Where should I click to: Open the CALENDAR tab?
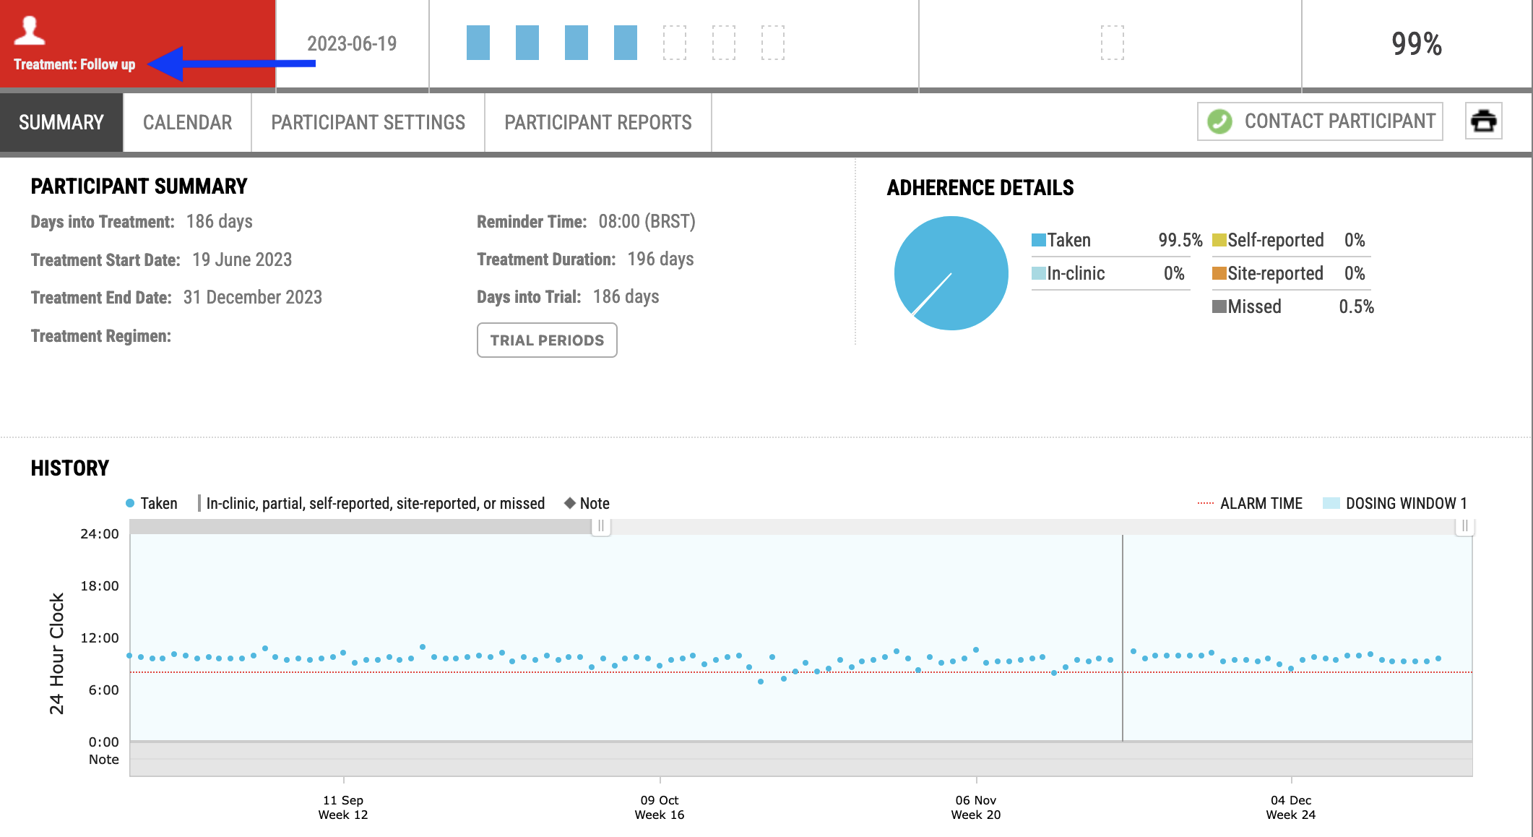(188, 123)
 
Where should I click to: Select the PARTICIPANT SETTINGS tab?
(368, 123)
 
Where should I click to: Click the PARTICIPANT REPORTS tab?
(598, 123)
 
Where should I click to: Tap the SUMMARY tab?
(61, 123)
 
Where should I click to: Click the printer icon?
(1484, 121)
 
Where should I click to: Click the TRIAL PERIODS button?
(547, 340)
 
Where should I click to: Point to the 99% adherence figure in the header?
(1417, 44)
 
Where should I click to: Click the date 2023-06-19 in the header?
(352, 44)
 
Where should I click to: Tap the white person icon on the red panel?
(30, 30)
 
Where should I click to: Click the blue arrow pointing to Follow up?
(231, 64)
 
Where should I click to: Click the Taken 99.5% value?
(1180, 240)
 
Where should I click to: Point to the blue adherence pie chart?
(951, 273)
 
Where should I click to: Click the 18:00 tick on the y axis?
(100, 586)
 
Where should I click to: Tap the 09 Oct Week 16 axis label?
(660, 807)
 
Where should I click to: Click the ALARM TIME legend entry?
(1250, 504)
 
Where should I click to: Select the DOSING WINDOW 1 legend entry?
(1395, 504)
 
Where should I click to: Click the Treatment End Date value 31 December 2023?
(253, 297)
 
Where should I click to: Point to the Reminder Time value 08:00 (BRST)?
(647, 222)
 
